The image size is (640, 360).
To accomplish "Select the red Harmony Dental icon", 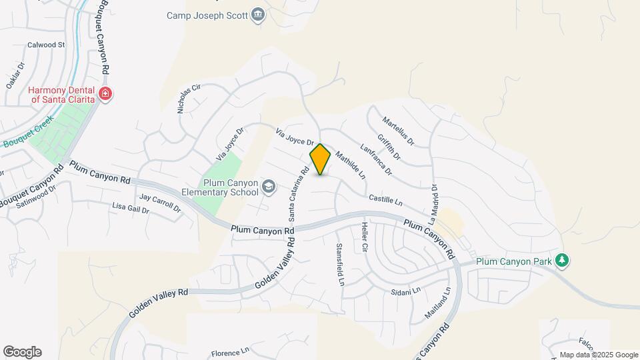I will point(105,94).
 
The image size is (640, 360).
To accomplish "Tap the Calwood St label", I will point(46,45).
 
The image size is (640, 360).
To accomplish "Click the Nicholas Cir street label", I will point(189,99).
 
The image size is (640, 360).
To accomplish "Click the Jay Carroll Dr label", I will point(160,203).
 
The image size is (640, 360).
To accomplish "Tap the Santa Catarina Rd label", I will point(298,194).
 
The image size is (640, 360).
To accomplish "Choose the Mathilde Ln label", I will point(351,165).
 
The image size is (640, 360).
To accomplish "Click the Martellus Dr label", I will point(398,131).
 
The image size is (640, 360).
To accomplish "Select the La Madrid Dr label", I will point(433,203).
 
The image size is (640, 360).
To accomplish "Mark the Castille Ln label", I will point(386,199).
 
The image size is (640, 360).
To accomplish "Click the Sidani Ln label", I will point(406,291).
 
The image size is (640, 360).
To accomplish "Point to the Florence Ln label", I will point(230,351).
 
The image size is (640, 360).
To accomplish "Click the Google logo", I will point(22,352).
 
